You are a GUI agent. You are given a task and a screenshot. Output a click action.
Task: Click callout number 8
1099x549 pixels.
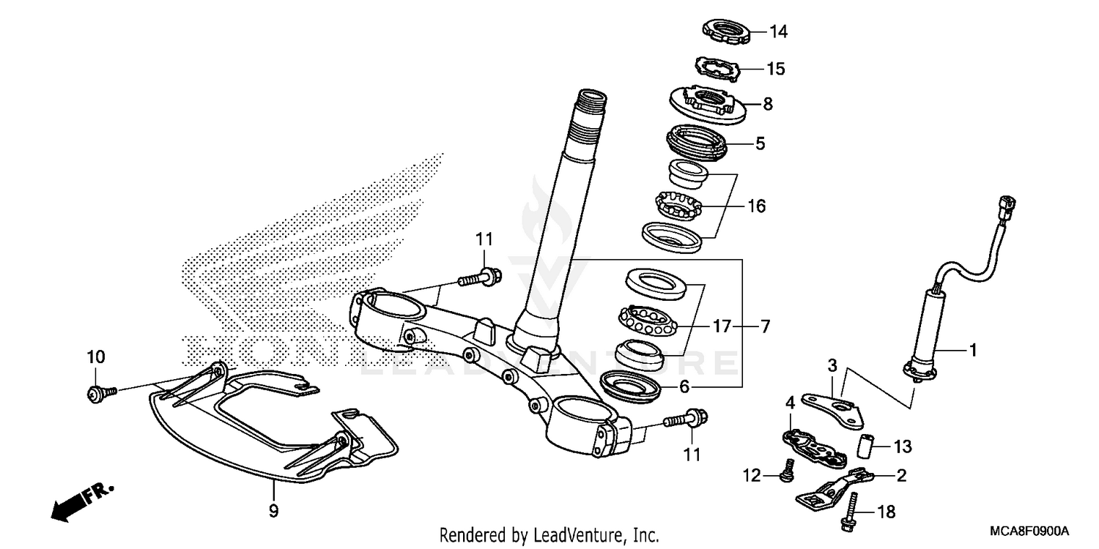pyautogui.click(x=767, y=104)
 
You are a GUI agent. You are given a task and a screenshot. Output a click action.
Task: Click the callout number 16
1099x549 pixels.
pyautogui.click(x=756, y=206)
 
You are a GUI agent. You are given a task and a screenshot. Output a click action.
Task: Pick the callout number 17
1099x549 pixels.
pyautogui.click(x=722, y=326)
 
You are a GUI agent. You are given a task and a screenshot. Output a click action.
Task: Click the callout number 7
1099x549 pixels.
pyautogui.click(x=765, y=326)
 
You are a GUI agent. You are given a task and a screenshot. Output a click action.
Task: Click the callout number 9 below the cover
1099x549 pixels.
pyautogui.click(x=273, y=510)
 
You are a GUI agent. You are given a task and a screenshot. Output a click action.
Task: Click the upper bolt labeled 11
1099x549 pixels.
pyautogui.click(x=477, y=278)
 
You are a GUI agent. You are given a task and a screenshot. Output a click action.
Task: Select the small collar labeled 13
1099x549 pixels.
pyautogui.click(x=867, y=444)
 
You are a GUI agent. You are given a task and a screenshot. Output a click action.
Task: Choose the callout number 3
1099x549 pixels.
pyautogui.click(x=832, y=365)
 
